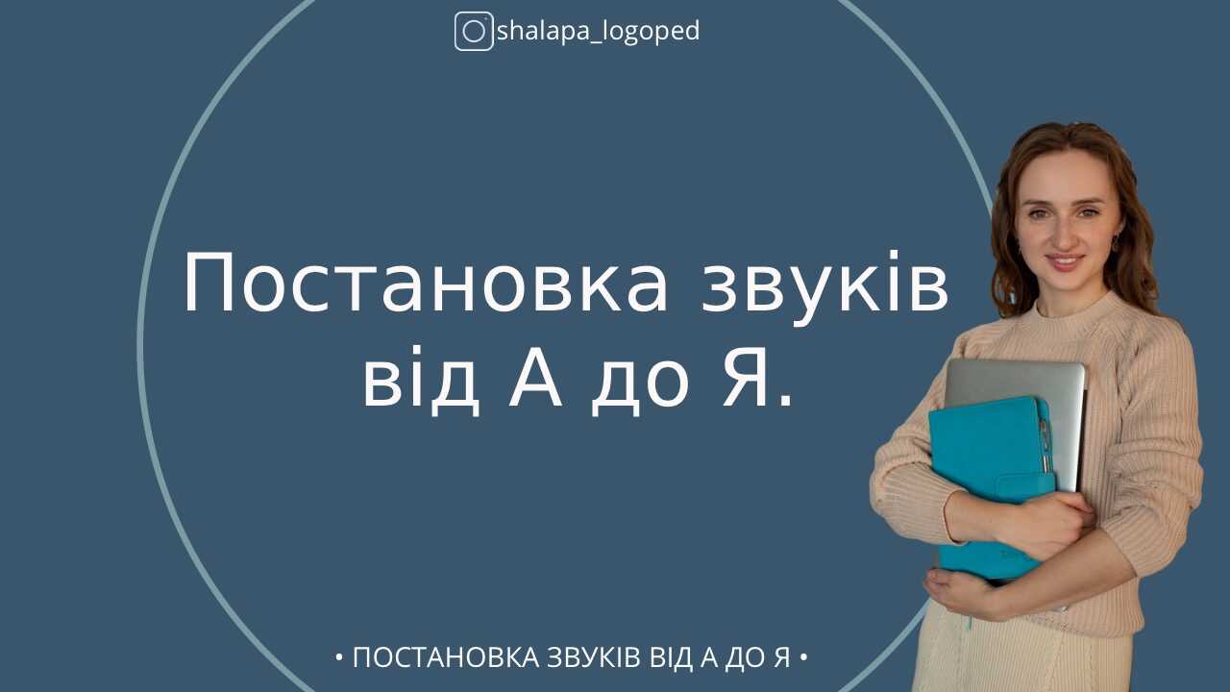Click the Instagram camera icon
(473, 32)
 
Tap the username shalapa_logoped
(598, 32)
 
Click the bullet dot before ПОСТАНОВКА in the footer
(339, 658)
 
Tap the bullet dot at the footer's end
(803, 658)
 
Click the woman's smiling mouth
(1065, 261)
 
